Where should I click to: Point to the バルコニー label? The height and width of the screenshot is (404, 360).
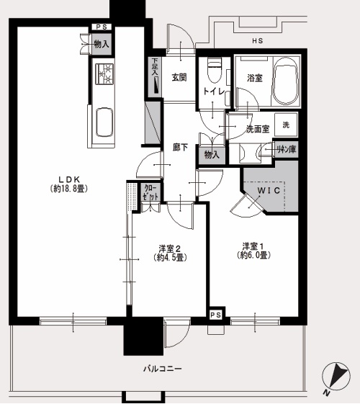[163, 369]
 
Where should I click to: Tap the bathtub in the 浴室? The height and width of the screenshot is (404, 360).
[286, 81]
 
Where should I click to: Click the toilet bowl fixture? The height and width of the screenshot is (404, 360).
[215, 71]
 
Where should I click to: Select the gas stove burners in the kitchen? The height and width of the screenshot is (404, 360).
[105, 73]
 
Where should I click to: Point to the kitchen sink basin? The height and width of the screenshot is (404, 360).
[104, 122]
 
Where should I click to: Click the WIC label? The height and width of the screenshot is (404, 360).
[269, 191]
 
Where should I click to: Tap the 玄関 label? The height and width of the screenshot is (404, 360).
[179, 77]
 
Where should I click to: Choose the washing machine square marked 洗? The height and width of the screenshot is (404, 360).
[286, 125]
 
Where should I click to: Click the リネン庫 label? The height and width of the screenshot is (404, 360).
[287, 149]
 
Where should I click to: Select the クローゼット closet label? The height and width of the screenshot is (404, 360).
[150, 192]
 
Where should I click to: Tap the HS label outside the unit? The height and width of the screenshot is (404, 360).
[258, 41]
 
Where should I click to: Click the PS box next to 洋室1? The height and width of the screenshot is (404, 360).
[216, 315]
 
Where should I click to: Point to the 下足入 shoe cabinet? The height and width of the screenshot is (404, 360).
[155, 76]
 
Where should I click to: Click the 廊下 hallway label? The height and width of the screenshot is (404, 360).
[180, 148]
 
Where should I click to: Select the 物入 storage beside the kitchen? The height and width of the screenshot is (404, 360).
[102, 44]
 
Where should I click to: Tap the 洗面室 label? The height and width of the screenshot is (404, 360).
[258, 129]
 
